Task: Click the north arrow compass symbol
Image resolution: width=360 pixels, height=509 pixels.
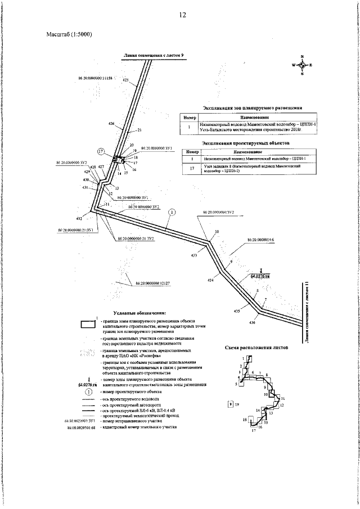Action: pos(302,65)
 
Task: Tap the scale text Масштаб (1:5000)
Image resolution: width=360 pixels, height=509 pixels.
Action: pos(69,34)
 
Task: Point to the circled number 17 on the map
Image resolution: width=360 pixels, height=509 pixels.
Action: pos(101,152)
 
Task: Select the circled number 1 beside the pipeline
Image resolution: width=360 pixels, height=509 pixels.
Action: pos(172,212)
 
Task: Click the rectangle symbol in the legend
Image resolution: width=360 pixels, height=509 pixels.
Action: pos(87,323)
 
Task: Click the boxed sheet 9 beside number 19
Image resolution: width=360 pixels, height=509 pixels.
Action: pos(230,404)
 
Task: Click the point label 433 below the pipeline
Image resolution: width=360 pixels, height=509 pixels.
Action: pos(194,256)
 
